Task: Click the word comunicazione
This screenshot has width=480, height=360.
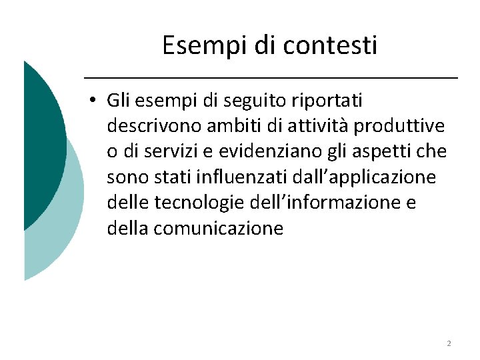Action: point(218,228)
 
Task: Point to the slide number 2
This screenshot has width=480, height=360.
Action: point(449,343)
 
